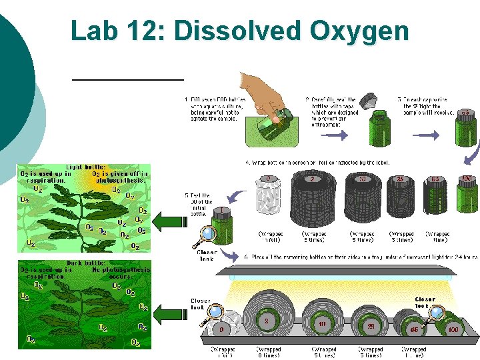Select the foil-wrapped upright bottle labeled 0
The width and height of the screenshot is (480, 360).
point(269,200)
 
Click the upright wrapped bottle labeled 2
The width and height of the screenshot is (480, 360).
point(313,200)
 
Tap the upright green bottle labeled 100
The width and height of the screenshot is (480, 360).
point(468,197)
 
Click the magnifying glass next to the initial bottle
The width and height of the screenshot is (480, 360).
point(207,234)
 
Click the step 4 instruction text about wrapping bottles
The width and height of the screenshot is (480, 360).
point(317,162)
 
